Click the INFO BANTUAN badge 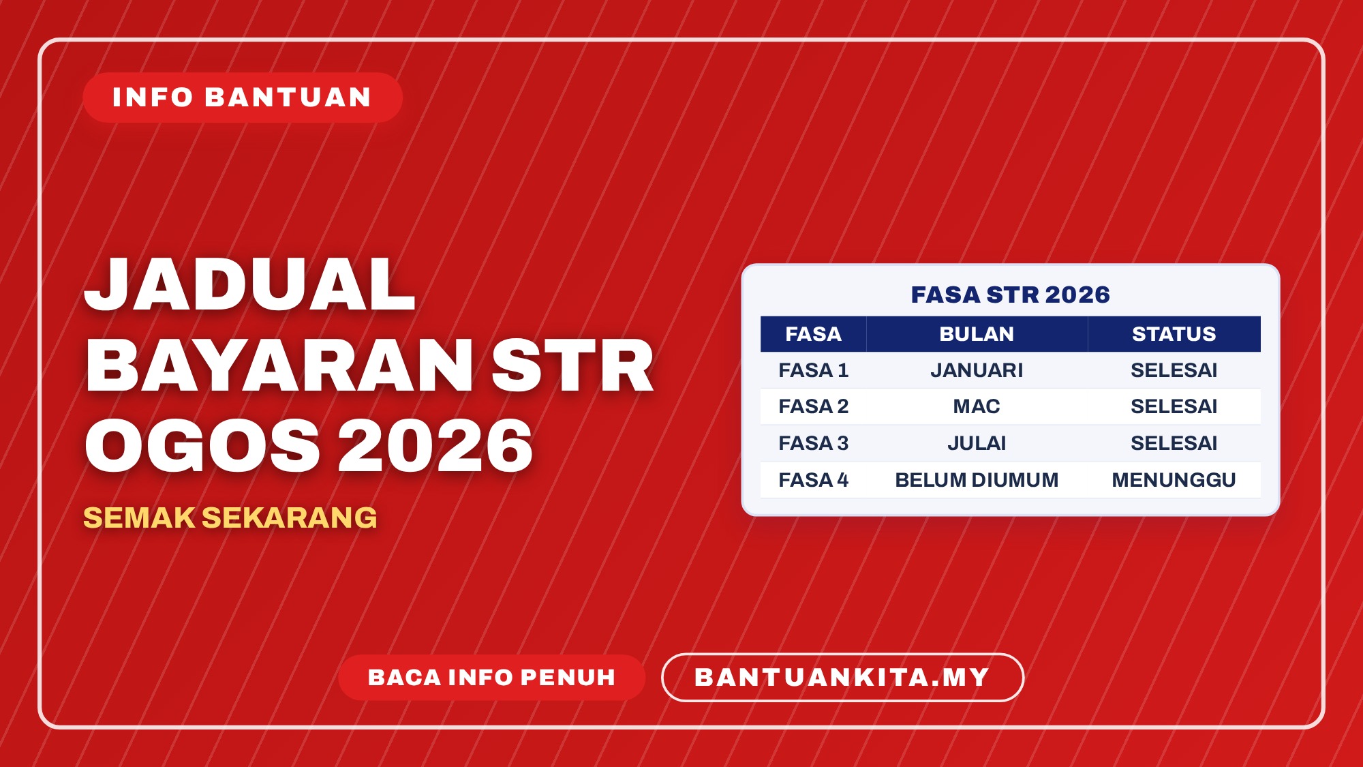coord(243,97)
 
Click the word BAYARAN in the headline coord(279,366)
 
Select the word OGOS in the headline coord(202,446)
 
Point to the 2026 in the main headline coord(436,446)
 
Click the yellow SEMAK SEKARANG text coord(230,518)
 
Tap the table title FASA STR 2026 coord(1011,295)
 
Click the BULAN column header coord(977,334)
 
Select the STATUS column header coord(1174,334)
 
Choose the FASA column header coord(813,334)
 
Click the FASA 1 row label coord(813,370)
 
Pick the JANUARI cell coord(977,370)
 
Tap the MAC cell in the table coord(977,406)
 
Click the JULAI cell coord(977,443)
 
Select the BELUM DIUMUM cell coord(977,480)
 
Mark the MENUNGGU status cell coord(1174,480)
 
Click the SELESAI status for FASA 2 coord(1174,406)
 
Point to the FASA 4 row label coord(813,480)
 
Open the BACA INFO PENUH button coord(491,677)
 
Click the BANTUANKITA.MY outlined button coord(842,677)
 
